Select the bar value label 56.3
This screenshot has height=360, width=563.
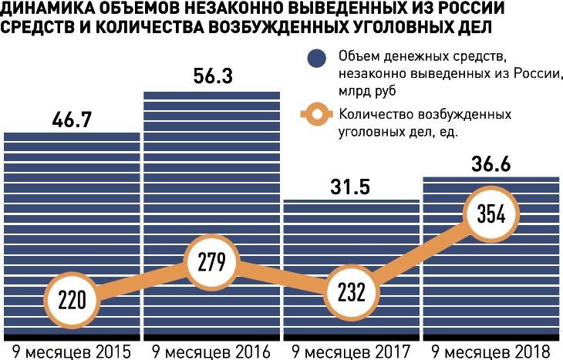212,77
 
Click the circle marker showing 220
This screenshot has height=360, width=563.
72,298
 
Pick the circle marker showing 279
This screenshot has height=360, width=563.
212,261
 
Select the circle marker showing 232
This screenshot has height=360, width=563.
352,292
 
